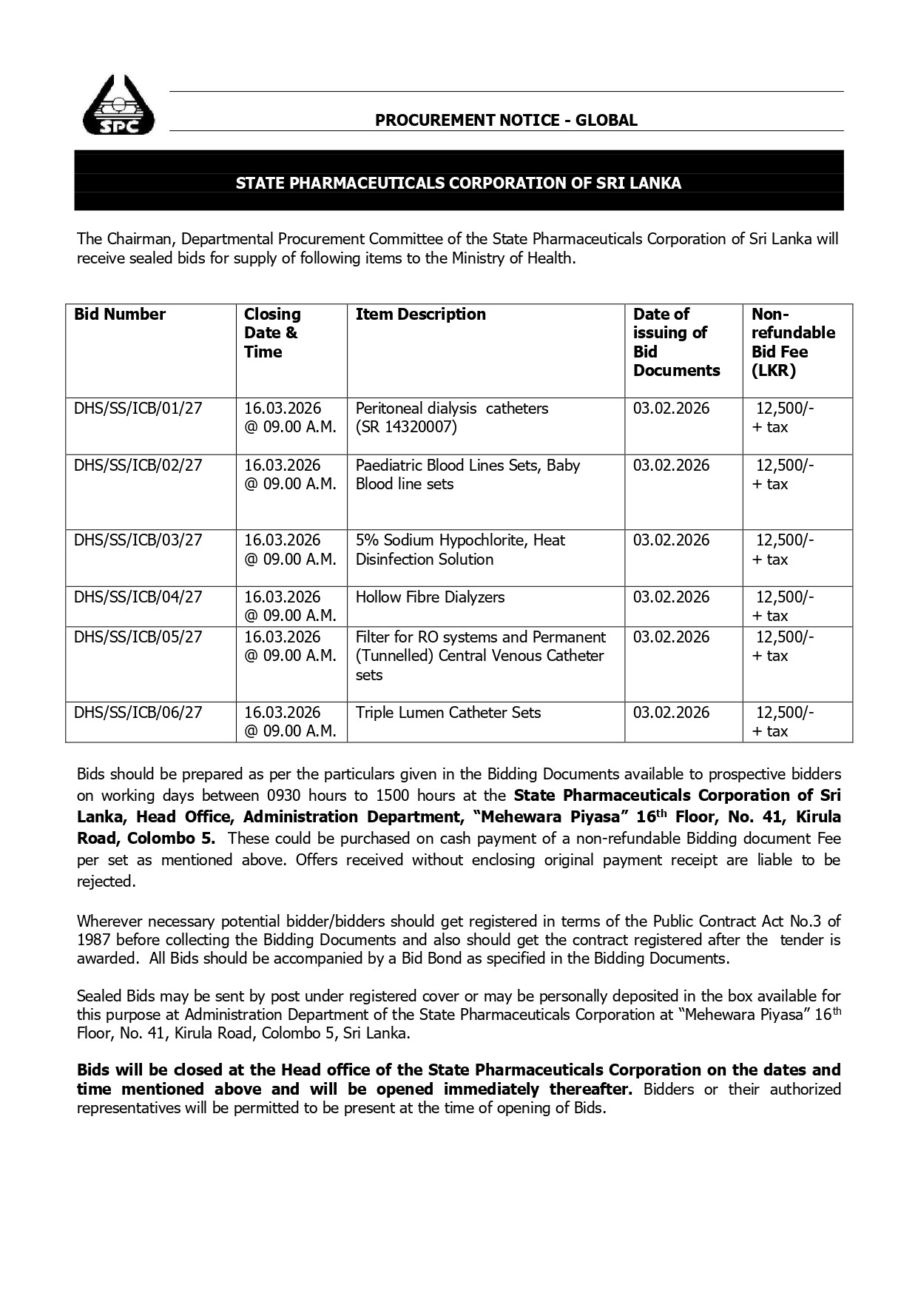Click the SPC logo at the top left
point(119,105)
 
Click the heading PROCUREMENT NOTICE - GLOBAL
point(506,120)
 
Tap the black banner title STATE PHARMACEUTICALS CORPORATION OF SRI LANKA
point(458,183)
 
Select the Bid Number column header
point(120,315)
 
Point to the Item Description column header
point(420,315)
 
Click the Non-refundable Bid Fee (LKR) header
point(792,342)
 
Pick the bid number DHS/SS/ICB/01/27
point(138,409)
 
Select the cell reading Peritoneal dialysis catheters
point(451,409)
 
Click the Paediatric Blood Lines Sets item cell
point(468,474)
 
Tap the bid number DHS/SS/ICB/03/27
point(138,540)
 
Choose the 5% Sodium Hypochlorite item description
point(460,549)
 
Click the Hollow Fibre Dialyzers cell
point(430,597)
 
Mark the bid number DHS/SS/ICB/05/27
point(138,637)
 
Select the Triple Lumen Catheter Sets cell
point(448,713)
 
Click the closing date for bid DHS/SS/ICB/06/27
point(289,722)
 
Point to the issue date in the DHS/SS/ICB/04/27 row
point(670,597)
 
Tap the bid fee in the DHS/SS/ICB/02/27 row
point(783,474)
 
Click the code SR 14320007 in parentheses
point(406,427)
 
